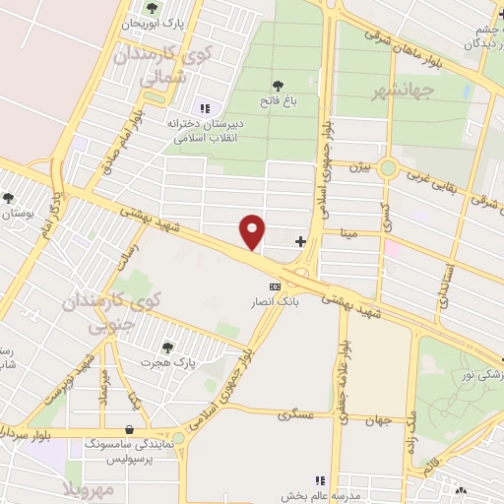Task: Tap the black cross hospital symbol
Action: (300, 240)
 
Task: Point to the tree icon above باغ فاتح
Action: (280, 84)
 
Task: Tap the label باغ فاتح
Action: (280, 100)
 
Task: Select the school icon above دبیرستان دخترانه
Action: (204, 108)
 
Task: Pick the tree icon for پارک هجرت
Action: (168, 346)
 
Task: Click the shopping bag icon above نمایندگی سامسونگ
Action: (131, 428)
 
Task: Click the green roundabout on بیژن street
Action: (388, 168)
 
